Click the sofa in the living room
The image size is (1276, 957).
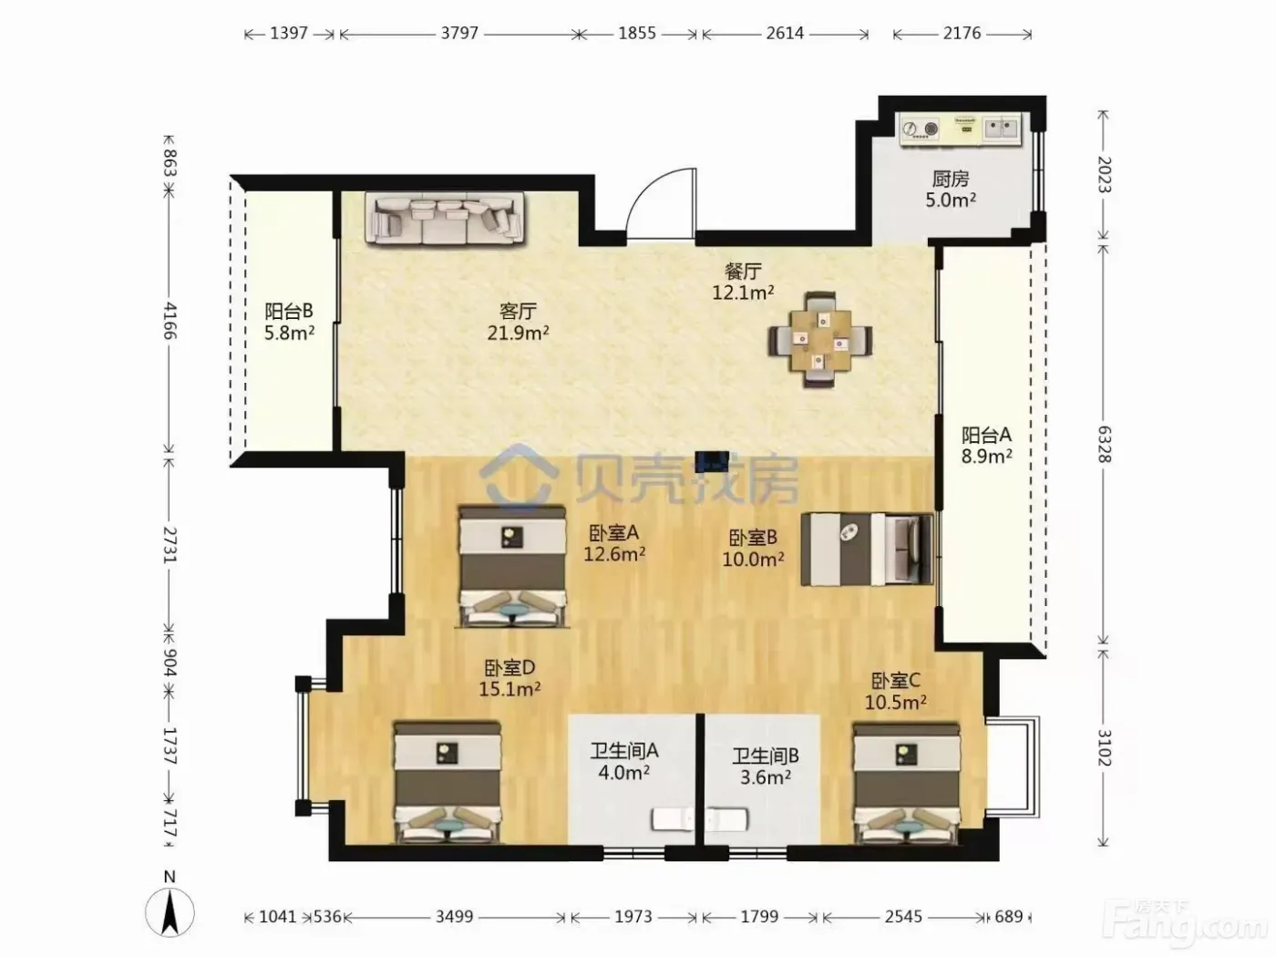445,218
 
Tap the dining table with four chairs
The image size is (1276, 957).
819,340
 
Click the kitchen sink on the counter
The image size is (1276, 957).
1002,129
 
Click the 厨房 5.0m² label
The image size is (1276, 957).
951,190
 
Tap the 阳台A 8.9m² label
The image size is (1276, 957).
986,445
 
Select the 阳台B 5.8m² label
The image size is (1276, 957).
289,322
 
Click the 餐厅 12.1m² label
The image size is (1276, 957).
743,282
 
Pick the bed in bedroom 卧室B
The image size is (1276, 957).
867,549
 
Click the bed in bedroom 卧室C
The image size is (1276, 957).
906,782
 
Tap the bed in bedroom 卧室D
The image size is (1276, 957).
447,781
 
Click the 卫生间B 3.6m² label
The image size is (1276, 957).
765,767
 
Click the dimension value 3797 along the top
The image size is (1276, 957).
459,33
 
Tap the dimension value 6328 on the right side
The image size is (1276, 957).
1104,445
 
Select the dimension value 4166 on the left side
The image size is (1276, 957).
170,321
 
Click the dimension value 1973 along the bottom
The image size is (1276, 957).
633,917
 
